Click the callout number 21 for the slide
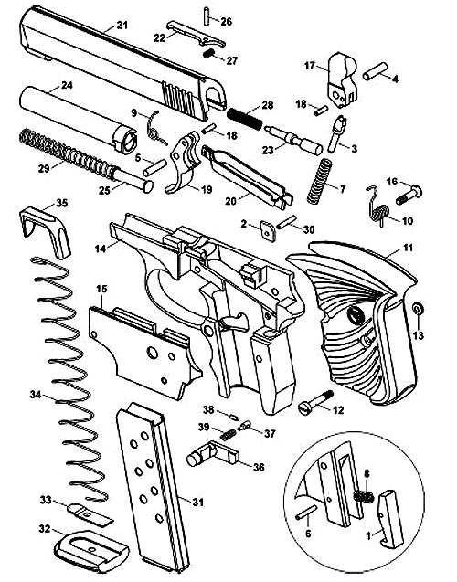pyautogui.click(x=122, y=26)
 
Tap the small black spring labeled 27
pyautogui.click(x=209, y=53)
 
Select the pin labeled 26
pyautogui.click(x=207, y=16)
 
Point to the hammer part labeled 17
pyautogui.click(x=342, y=79)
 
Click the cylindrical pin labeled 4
pyautogui.click(x=376, y=71)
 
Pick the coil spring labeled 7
pyautogui.click(x=319, y=181)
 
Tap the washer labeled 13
pyautogui.click(x=418, y=308)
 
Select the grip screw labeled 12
pyautogui.click(x=316, y=403)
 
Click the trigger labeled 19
pyautogui.click(x=184, y=164)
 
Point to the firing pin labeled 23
pyautogui.click(x=293, y=140)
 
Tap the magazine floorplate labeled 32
pyautogui.click(x=91, y=550)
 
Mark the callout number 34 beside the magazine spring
pyautogui.click(x=36, y=395)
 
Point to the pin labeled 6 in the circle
pyautogui.click(x=306, y=513)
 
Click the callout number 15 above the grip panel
pyautogui.click(x=101, y=289)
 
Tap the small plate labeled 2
pyautogui.click(x=268, y=231)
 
